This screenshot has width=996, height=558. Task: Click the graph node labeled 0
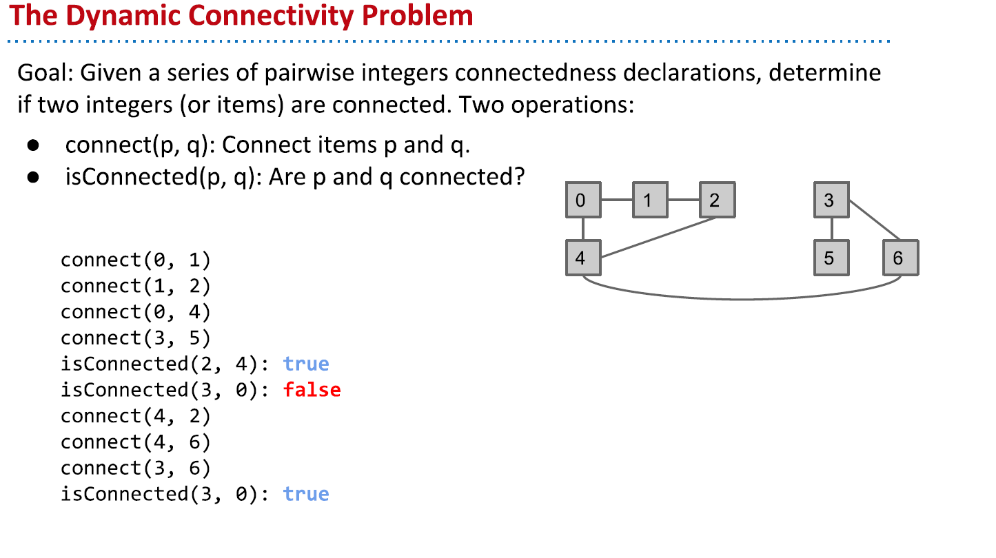click(583, 200)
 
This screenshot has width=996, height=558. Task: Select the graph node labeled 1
click(650, 200)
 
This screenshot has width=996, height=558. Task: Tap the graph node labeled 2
click(717, 200)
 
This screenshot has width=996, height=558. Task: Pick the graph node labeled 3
click(831, 200)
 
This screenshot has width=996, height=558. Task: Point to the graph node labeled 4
click(583, 258)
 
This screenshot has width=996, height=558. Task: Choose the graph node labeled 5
click(831, 258)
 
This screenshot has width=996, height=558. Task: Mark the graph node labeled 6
click(900, 258)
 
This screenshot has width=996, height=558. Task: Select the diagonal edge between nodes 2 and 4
click(658, 238)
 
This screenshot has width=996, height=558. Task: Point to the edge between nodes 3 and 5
click(831, 229)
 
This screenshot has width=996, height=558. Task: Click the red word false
click(312, 390)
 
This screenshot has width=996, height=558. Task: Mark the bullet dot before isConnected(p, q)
click(32, 178)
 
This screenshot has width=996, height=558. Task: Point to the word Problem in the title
click(418, 15)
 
